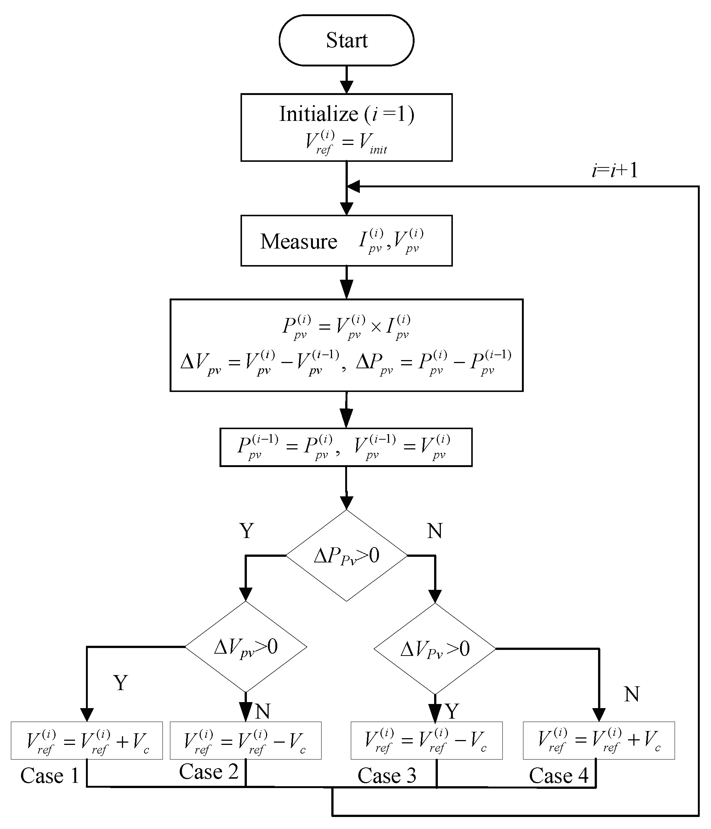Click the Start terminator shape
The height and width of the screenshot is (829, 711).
[346, 41]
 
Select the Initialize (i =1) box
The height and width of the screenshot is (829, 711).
[346, 128]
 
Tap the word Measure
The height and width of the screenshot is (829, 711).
[299, 242]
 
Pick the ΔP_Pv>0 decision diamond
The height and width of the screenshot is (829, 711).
[346, 556]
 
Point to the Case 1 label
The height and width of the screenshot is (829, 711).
[50, 776]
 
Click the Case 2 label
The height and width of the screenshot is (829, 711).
[208, 772]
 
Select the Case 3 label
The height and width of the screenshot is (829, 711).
[387, 776]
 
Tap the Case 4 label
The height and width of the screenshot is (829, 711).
[558, 776]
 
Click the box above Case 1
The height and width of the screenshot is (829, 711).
[87, 740]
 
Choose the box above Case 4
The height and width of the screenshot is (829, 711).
[599, 740]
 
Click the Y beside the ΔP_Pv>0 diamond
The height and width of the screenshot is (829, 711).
[247, 531]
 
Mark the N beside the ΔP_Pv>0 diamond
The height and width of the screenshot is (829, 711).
[435, 531]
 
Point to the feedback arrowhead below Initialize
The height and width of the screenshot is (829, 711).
[353, 187]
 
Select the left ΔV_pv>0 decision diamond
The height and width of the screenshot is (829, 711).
[245, 647]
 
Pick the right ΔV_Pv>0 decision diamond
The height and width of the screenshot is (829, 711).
[435, 649]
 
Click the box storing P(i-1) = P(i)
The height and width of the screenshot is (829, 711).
[346, 447]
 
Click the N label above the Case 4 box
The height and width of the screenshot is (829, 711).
[631, 694]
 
